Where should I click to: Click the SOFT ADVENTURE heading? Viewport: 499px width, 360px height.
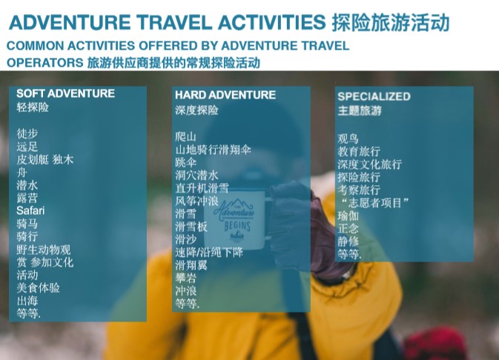click(x=65, y=93)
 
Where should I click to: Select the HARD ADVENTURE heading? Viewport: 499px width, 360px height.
click(x=225, y=95)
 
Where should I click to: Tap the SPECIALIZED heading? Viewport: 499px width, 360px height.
click(x=374, y=96)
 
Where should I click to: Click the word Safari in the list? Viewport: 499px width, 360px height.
click(x=30, y=210)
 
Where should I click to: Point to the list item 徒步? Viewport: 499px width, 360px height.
click(x=27, y=133)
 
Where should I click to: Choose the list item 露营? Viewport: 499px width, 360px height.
click(x=27, y=198)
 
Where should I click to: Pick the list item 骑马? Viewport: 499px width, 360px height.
click(x=27, y=224)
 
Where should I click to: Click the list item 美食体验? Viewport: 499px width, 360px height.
click(x=38, y=288)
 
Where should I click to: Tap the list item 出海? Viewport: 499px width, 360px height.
click(x=27, y=301)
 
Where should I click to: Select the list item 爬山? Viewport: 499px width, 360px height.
click(x=185, y=137)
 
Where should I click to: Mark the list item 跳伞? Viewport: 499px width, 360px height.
click(x=185, y=162)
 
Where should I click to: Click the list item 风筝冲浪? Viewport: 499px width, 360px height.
click(x=196, y=201)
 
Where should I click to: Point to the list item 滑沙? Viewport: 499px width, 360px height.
click(x=185, y=239)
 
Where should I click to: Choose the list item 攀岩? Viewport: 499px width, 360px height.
click(x=185, y=278)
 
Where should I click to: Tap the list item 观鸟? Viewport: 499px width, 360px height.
click(x=348, y=139)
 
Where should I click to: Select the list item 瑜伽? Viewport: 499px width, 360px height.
click(x=348, y=216)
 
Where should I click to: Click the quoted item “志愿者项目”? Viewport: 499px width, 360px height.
click(x=374, y=202)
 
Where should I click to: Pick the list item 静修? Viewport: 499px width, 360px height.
click(x=348, y=241)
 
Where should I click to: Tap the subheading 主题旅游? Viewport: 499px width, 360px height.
click(x=360, y=110)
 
